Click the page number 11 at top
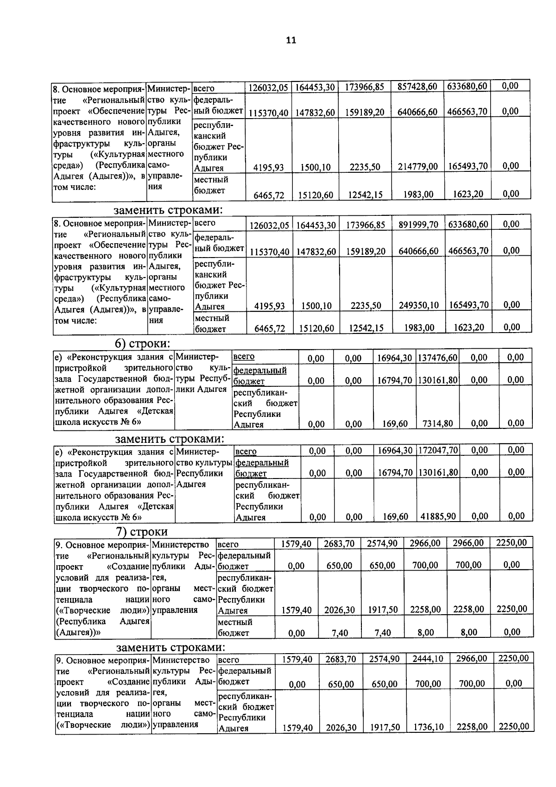click(x=291, y=40)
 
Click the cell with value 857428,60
click(x=417, y=87)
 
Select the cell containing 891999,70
click(x=418, y=225)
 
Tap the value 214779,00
click(x=417, y=166)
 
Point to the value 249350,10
click(x=418, y=305)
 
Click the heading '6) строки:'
click(x=142, y=343)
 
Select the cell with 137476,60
click(x=437, y=358)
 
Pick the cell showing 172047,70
click(x=438, y=450)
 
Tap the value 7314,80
click(x=437, y=423)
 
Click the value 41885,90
click(x=438, y=516)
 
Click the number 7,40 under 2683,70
click(x=340, y=633)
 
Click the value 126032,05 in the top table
click(x=268, y=88)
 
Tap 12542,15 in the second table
click(x=366, y=328)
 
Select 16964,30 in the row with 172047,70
click(x=395, y=450)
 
